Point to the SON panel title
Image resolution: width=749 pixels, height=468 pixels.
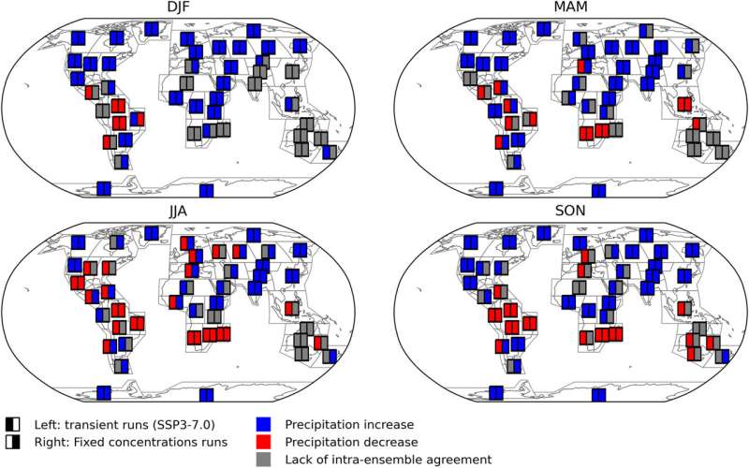(x=570, y=212)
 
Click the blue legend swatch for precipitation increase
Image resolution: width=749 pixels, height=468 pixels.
(x=264, y=425)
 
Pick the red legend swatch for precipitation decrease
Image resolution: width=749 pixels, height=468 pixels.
(x=264, y=442)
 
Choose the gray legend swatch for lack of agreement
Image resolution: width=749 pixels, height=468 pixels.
(x=264, y=460)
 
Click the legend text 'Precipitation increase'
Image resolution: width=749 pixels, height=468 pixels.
(x=349, y=425)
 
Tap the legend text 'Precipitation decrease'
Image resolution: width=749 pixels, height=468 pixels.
(x=351, y=442)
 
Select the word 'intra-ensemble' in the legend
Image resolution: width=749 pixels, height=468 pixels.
(x=389, y=460)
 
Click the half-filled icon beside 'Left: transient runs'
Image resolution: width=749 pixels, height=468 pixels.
(x=13, y=425)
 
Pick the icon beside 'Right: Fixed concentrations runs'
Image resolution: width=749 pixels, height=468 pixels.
(x=13, y=442)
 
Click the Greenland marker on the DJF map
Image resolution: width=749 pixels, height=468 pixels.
(x=152, y=29)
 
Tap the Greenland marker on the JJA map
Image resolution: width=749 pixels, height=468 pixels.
(x=152, y=233)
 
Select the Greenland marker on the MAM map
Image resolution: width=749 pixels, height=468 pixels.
(x=544, y=29)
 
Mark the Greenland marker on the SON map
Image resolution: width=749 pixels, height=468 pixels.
(x=544, y=233)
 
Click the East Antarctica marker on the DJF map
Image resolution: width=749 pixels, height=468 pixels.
(x=206, y=191)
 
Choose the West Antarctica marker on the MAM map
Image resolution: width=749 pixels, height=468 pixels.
(x=496, y=189)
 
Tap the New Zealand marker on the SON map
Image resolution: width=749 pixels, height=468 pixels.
(x=722, y=357)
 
